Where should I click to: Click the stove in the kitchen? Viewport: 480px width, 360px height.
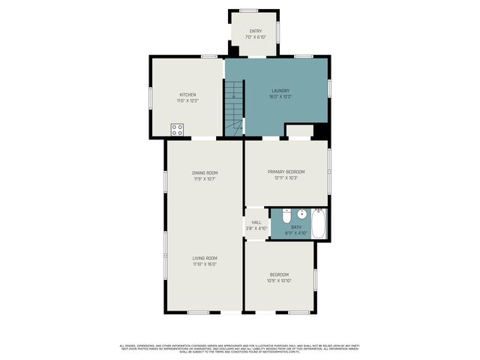(x=177, y=129)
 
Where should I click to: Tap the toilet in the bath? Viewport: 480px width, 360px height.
(x=286, y=216)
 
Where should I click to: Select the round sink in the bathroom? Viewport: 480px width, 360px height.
(x=301, y=214)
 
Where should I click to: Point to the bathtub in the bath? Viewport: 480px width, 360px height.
(x=318, y=223)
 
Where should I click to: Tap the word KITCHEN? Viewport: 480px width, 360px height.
(x=187, y=94)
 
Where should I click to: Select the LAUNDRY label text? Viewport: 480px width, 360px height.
(x=280, y=90)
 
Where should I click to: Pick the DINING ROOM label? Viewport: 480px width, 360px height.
(x=205, y=172)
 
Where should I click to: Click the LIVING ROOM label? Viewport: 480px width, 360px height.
(x=205, y=258)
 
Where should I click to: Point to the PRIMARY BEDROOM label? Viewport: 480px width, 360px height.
(x=286, y=172)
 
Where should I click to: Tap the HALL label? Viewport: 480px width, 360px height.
(x=256, y=222)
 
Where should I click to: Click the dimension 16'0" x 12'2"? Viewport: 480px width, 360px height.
(x=280, y=96)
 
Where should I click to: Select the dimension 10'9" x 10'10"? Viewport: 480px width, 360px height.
(x=280, y=280)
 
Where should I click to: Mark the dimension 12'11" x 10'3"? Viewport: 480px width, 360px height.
(x=286, y=178)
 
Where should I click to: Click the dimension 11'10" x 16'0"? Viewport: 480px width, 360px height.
(x=205, y=264)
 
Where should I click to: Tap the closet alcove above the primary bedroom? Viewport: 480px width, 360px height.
(x=299, y=131)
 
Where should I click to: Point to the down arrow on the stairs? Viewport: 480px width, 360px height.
(x=233, y=94)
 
